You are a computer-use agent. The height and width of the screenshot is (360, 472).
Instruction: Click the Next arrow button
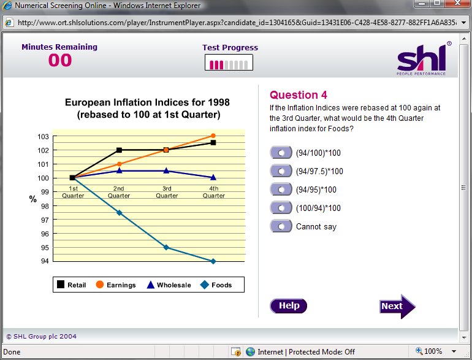[x=397, y=307]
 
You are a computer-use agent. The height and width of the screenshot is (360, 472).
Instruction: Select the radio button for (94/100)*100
[x=281, y=153]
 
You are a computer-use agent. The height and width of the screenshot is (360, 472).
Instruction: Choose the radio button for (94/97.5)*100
[x=281, y=171]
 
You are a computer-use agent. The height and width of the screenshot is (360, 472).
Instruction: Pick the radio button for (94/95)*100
[x=281, y=190]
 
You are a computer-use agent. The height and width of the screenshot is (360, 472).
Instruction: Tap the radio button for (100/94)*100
[x=281, y=208]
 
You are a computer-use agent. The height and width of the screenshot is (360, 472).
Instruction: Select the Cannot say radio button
[x=281, y=226]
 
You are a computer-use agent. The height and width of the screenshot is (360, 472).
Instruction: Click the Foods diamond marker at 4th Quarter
[x=213, y=261]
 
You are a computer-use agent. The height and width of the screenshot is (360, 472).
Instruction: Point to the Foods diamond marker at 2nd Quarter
[x=119, y=213]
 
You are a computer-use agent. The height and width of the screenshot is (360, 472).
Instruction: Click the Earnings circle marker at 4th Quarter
[x=213, y=136]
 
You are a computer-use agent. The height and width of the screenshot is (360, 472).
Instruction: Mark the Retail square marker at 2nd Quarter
[x=119, y=150]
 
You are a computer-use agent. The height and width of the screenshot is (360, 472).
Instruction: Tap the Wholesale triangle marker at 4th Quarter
[x=213, y=177]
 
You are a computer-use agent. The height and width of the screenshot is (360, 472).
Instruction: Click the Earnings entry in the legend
[x=116, y=285]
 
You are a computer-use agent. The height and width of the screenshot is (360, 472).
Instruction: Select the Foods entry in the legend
[x=216, y=285]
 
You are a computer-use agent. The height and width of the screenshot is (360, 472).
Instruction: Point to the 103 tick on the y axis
[x=43, y=137]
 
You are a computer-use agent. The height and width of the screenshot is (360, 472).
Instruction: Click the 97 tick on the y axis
[x=45, y=220]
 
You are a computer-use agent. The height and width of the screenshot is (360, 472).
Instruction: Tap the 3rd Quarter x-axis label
[x=167, y=192]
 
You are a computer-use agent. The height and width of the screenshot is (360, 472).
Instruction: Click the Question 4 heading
[x=299, y=95]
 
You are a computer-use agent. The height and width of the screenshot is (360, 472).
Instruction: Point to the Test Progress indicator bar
[x=229, y=63]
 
